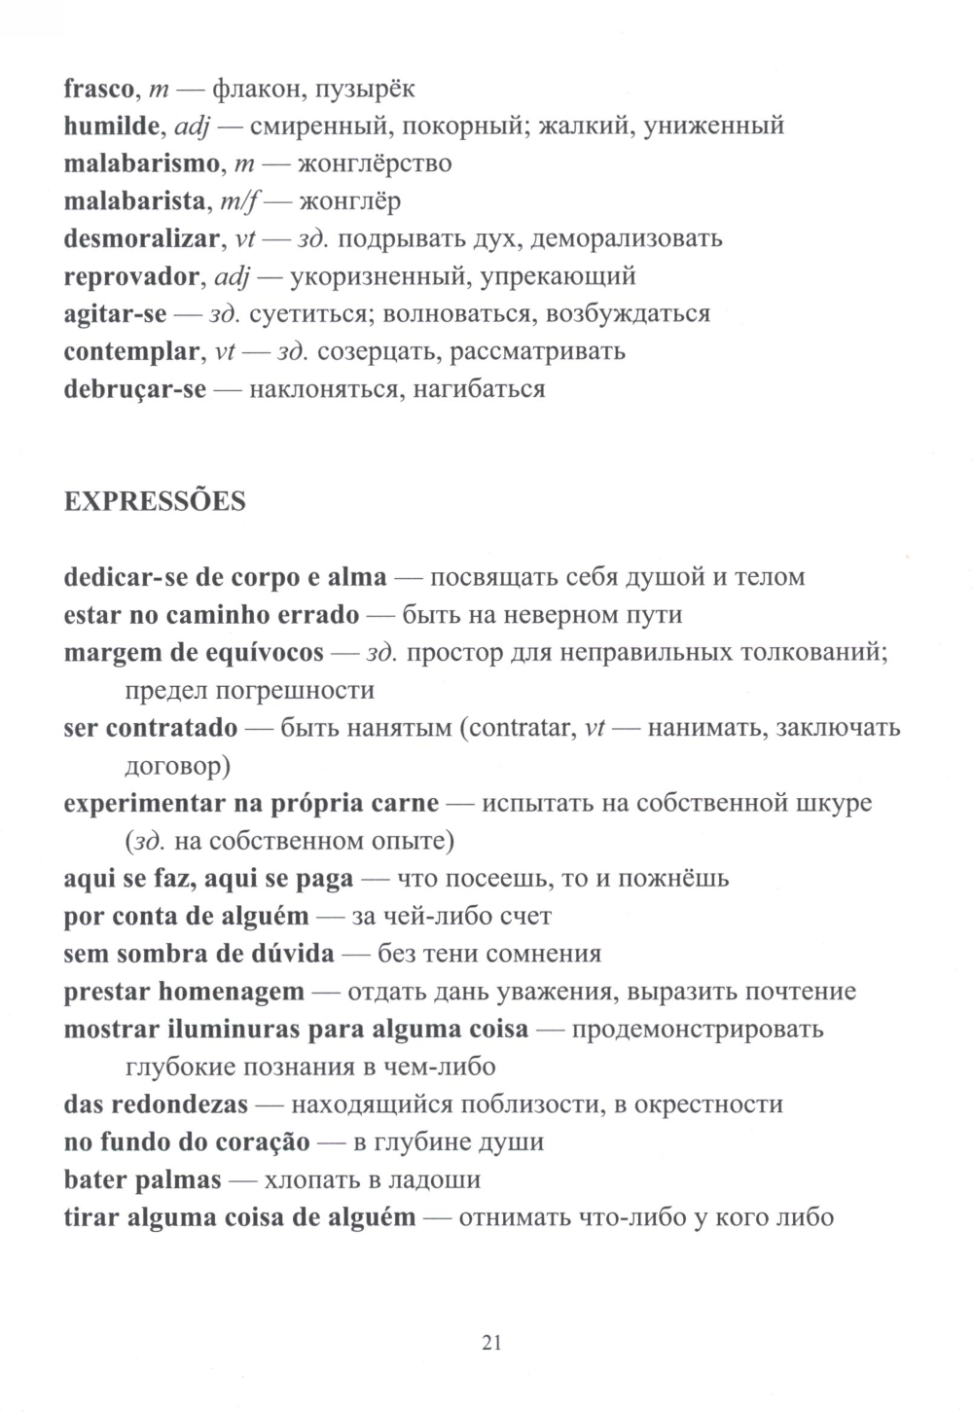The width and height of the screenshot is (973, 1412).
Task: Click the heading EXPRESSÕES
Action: [x=154, y=502]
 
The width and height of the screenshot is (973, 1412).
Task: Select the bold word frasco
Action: [x=98, y=89]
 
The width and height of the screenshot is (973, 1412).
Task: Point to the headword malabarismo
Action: [x=140, y=163]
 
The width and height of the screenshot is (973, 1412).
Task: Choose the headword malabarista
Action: [x=133, y=201]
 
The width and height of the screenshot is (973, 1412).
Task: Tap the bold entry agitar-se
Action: [x=115, y=314]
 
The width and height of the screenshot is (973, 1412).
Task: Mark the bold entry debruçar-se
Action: [x=134, y=389]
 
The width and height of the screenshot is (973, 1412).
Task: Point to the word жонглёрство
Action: [x=374, y=163]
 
